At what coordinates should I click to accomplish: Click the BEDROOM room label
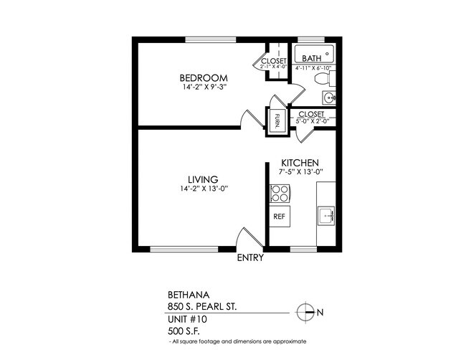[x=204, y=77]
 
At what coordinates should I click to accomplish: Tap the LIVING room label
[x=204, y=179]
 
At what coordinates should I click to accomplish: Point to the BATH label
[x=311, y=59]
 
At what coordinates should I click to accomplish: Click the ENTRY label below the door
[x=250, y=258]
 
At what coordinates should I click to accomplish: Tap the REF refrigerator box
[x=279, y=215]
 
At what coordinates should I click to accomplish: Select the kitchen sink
[x=327, y=214]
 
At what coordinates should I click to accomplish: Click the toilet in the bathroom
[x=321, y=77]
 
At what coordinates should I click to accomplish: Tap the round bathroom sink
[x=329, y=97]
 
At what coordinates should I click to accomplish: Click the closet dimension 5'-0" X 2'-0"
[x=312, y=122]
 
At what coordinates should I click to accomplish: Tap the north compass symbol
[x=305, y=311]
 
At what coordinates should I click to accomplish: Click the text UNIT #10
[x=185, y=318]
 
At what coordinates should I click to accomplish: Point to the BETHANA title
[x=185, y=294]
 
